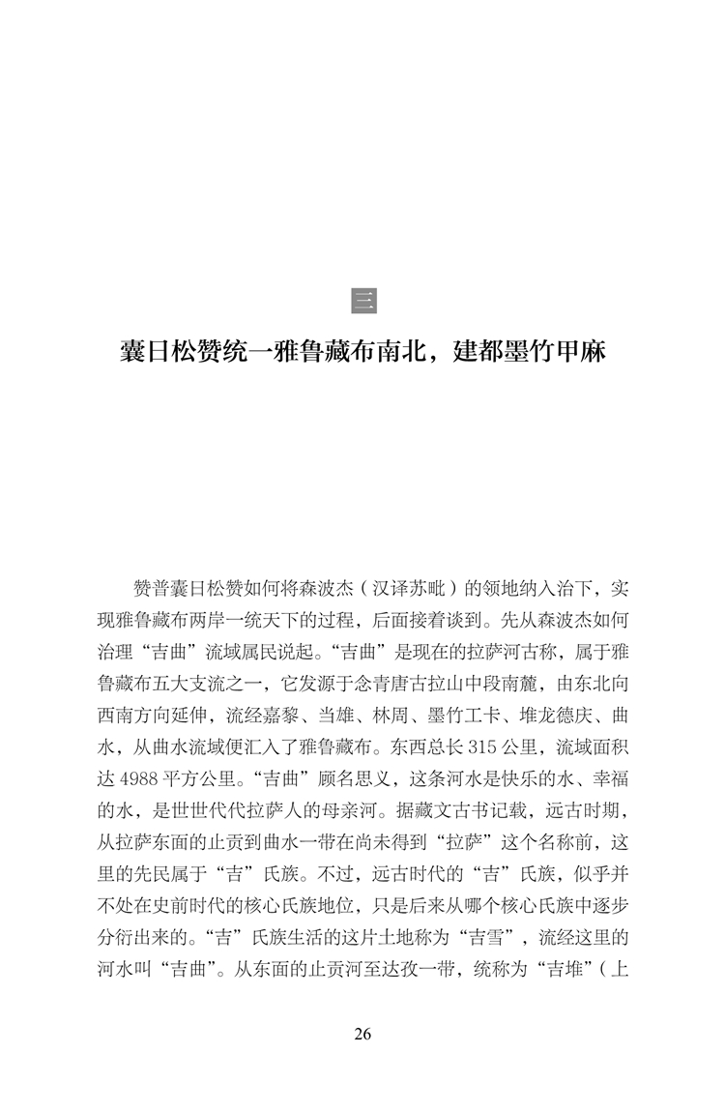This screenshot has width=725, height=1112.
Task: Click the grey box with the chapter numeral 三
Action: (x=363, y=301)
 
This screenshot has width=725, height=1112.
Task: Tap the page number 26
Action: (x=362, y=1034)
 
